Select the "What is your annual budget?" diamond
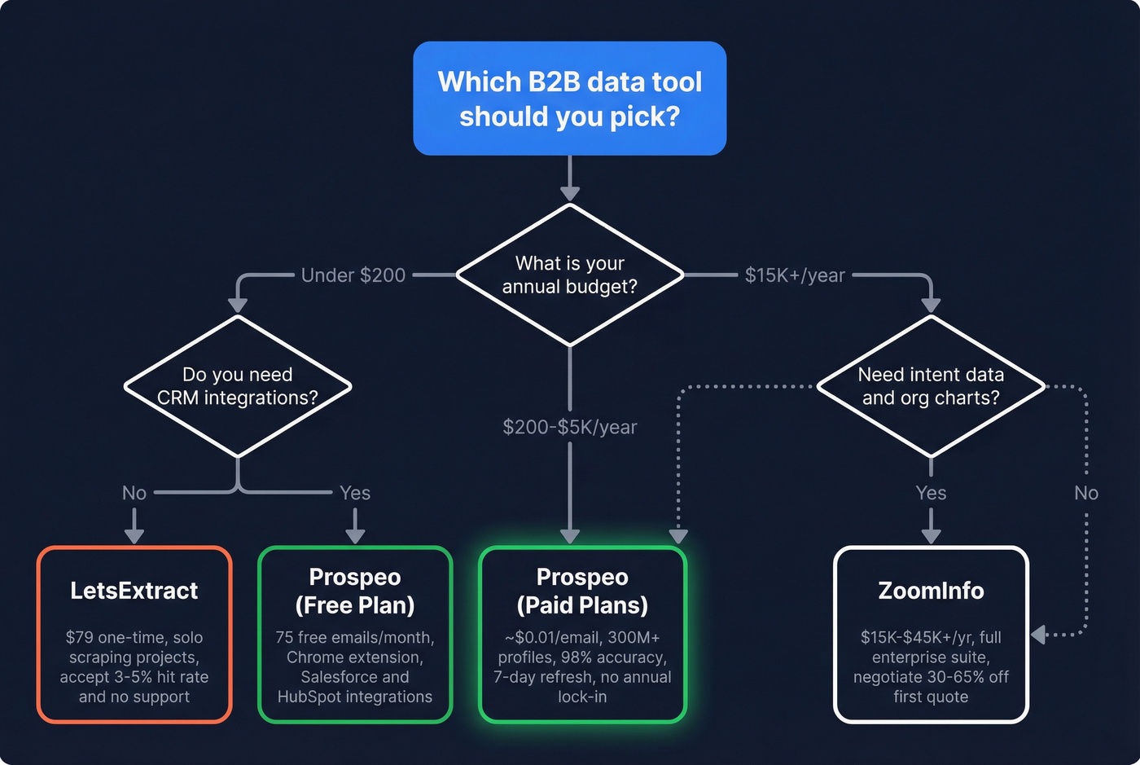click(x=569, y=275)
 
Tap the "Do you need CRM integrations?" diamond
click(x=237, y=386)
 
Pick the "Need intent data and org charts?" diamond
click(x=931, y=386)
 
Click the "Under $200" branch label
click(x=353, y=275)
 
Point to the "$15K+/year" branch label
click(x=795, y=275)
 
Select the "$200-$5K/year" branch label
click(x=569, y=427)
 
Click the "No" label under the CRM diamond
click(x=134, y=493)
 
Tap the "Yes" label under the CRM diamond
click(x=355, y=493)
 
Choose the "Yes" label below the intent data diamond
click(x=931, y=493)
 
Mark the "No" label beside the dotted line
click(x=1086, y=493)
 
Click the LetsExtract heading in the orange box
click(x=134, y=591)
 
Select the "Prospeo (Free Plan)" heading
click(x=355, y=591)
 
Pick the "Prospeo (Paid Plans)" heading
click(x=582, y=591)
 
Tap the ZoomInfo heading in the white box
click(x=931, y=591)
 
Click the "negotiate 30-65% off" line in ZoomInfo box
click(x=931, y=677)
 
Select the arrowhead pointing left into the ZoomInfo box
click(x=1038, y=634)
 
